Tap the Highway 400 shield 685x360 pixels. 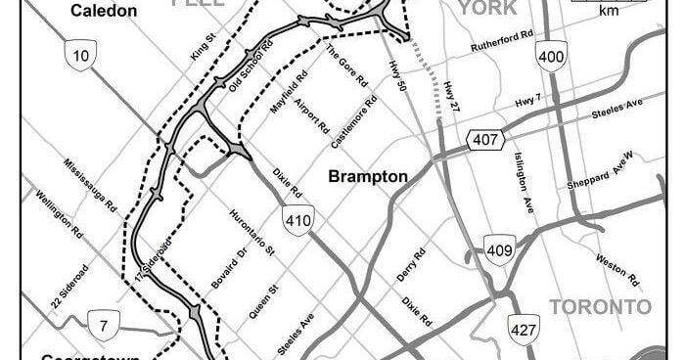point(551,58)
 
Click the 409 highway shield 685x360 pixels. point(499,251)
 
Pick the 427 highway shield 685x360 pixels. point(524,329)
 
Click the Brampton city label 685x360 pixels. point(367,177)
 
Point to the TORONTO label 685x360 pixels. point(600,307)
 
